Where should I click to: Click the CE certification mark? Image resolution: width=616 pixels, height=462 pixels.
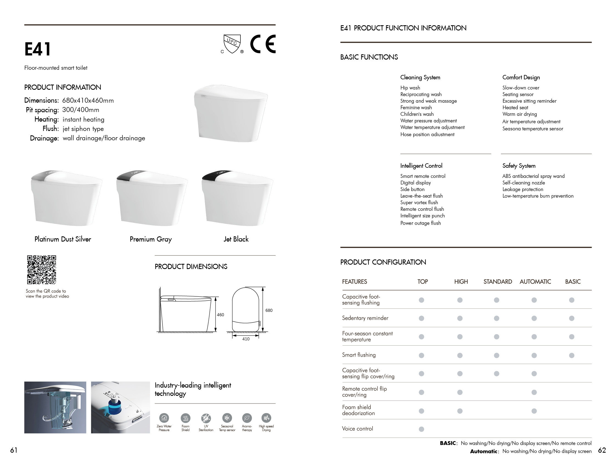pyautogui.click(x=263, y=44)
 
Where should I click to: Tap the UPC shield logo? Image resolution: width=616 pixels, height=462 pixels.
pyautogui.click(x=232, y=44)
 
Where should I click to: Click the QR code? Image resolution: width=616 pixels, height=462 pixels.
pyautogui.click(x=41, y=270)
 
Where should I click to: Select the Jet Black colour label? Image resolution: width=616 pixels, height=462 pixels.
pyautogui.click(x=236, y=239)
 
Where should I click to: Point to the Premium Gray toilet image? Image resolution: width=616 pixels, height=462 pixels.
pyautogui.click(x=152, y=198)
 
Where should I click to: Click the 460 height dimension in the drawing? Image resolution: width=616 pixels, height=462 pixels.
pyautogui.click(x=220, y=315)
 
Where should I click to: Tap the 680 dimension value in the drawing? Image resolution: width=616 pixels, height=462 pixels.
pyautogui.click(x=269, y=310)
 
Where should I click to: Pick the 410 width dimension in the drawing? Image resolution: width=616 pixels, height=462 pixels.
pyautogui.click(x=246, y=339)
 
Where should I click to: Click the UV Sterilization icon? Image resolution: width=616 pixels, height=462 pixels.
pyautogui.click(x=206, y=418)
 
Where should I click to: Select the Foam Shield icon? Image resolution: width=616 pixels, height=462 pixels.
pyautogui.click(x=186, y=418)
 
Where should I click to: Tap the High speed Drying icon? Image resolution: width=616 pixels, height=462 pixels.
pyautogui.click(x=266, y=418)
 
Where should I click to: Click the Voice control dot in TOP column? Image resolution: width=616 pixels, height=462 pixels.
pyautogui.click(x=421, y=429)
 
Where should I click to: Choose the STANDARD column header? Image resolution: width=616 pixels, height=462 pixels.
pyautogui.click(x=498, y=282)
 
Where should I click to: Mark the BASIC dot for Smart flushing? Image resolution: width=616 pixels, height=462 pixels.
pyautogui.click(x=572, y=355)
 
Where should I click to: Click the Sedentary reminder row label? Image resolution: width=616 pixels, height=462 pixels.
pyautogui.click(x=365, y=318)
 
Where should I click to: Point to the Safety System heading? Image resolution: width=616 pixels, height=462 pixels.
pyautogui.click(x=519, y=166)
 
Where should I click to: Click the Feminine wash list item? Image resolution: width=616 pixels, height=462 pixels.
pyautogui.click(x=416, y=108)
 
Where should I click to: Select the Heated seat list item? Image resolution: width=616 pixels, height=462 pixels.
pyautogui.click(x=515, y=108)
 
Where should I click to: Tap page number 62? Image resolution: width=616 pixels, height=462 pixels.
pyautogui.click(x=602, y=450)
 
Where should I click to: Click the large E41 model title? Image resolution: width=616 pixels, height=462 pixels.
pyautogui.click(x=38, y=49)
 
